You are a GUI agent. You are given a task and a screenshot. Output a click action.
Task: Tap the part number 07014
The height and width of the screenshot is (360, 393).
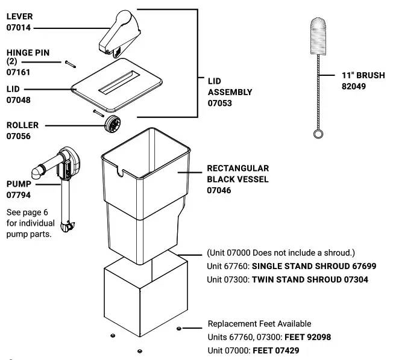[x=19, y=28]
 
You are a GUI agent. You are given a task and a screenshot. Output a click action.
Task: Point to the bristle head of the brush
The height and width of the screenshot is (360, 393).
[x=320, y=37]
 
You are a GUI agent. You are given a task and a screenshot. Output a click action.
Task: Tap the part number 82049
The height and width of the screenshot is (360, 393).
[x=354, y=86]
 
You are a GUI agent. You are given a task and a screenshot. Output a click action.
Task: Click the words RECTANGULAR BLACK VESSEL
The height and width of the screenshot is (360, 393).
[x=237, y=174]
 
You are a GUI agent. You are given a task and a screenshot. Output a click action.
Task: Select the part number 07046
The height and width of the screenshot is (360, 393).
[x=219, y=190]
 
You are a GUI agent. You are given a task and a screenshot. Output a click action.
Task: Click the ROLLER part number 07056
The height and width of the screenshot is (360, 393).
[x=19, y=136]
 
